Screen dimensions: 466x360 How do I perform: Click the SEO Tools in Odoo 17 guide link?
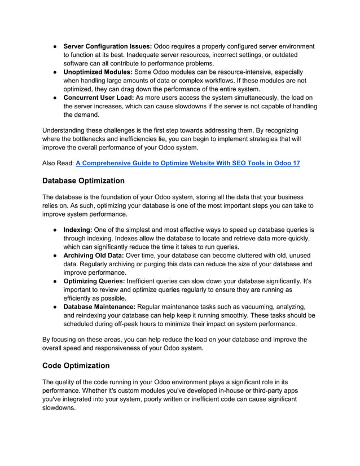[187, 163]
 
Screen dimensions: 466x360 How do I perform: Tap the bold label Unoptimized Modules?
[98, 72]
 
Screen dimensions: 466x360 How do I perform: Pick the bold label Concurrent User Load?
[99, 98]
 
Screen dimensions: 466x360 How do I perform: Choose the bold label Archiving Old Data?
[96, 256]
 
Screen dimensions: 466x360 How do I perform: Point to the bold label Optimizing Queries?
[95, 281]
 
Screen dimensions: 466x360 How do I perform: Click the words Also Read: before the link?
[58, 163]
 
